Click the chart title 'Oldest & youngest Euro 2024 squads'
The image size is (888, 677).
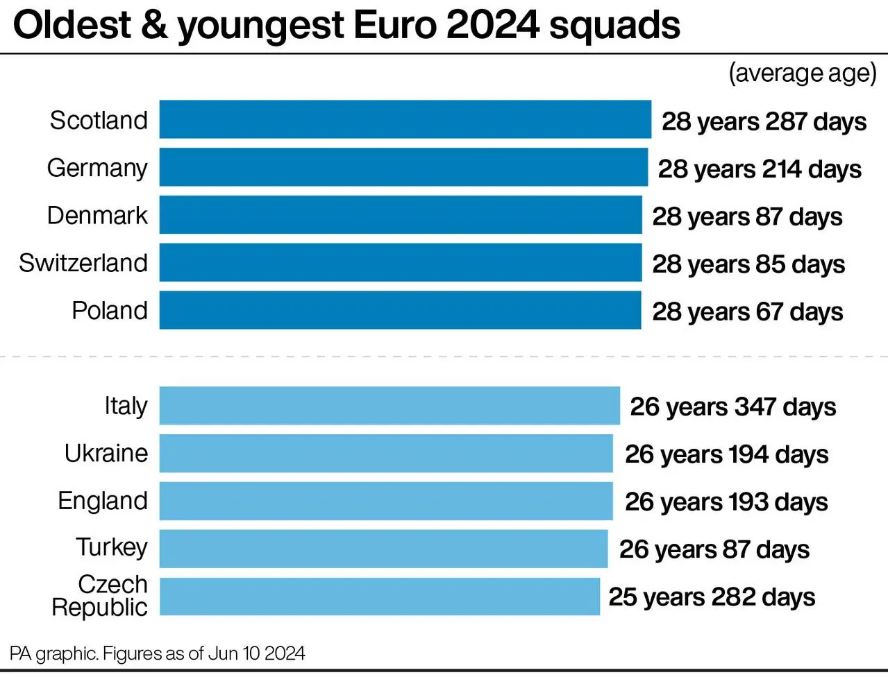(x=346, y=26)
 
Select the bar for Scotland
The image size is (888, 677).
(x=405, y=119)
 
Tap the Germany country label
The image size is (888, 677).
(x=97, y=168)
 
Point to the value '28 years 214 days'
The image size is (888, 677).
(x=760, y=169)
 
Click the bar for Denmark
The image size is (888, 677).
(x=401, y=215)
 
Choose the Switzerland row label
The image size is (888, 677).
(x=83, y=263)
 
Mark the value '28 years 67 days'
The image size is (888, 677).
(x=747, y=311)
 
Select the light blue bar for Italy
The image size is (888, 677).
(x=389, y=406)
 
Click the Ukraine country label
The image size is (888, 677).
(x=106, y=453)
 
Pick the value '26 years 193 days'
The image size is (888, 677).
(x=726, y=502)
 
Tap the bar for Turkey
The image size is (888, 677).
(x=383, y=549)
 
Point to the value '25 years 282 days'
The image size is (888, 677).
(x=712, y=597)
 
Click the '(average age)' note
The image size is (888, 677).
(x=803, y=73)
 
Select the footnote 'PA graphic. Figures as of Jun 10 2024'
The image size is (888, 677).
(x=158, y=653)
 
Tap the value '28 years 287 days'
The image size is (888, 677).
(x=764, y=121)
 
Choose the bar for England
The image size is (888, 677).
(x=386, y=501)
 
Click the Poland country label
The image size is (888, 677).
(x=110, y=310)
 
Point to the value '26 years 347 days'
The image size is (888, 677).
(x=732, y=406)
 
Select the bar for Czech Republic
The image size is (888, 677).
(x=380, y=597)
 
